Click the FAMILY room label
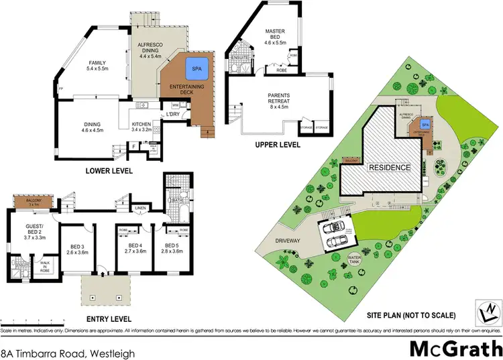97,64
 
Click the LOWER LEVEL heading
109,171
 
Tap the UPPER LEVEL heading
278,145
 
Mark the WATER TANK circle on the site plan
353,259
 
